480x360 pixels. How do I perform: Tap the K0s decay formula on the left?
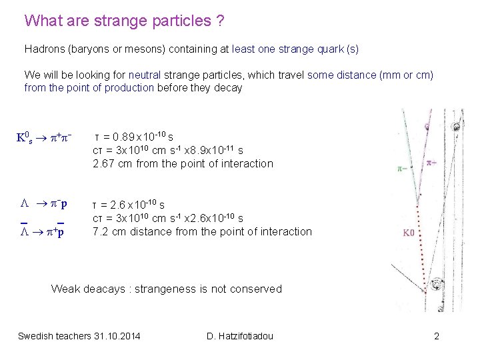click(x=43, y=138)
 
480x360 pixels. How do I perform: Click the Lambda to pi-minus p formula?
click(x=43, y=203)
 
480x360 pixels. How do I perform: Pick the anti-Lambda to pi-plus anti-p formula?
click(x=43, y=232)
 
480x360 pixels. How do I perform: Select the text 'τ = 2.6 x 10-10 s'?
click(x=128, y=205)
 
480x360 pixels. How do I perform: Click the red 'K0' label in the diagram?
click(x=408, y=233)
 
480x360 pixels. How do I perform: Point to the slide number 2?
click(x=437, y=335)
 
